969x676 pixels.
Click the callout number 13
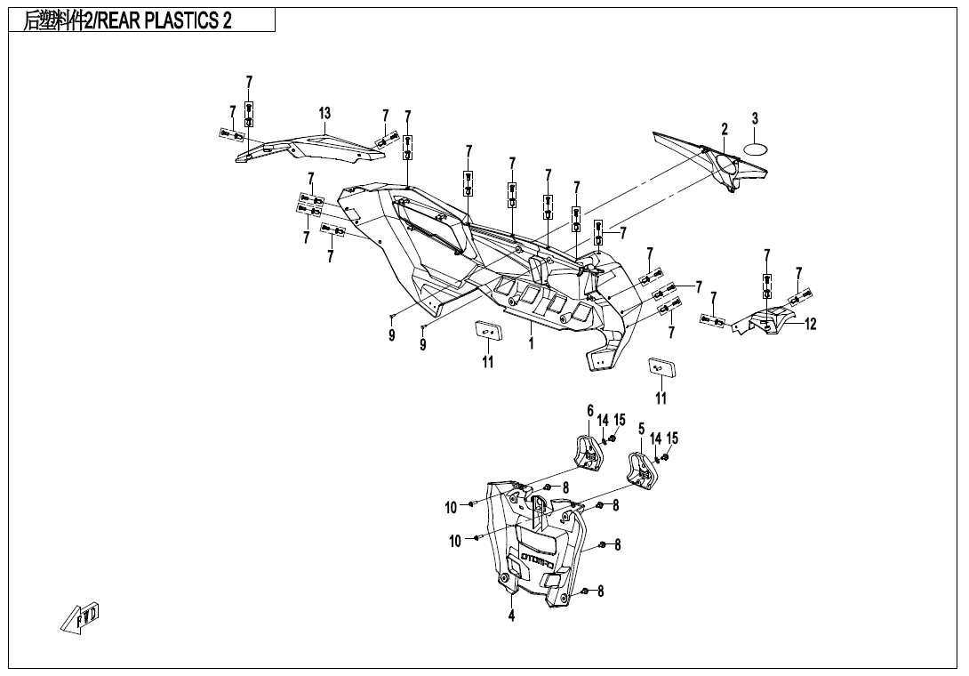324,113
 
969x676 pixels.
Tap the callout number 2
725,129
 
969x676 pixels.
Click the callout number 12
810,325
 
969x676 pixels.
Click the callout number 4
511,616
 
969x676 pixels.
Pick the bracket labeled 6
589,452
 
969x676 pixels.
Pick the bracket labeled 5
644,469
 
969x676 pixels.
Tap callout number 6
589,410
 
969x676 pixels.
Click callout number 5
641,429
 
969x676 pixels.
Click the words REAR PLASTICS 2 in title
164,21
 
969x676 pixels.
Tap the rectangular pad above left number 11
487,331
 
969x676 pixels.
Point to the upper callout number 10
452,508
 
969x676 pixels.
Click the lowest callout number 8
600,591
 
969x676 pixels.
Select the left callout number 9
391,336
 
